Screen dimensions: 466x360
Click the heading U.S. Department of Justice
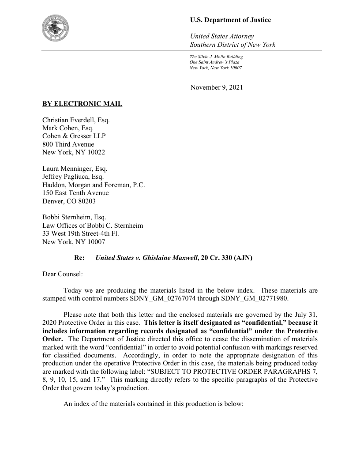pyautogui.click(x=230, y=20)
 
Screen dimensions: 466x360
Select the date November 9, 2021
pyautogui.click(x=217, y=87)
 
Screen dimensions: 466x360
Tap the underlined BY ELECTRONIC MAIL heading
pyautogui.click(x=82, y=104)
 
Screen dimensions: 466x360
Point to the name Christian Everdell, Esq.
pyautogui.click(x=76, y=120)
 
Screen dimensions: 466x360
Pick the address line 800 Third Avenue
pyautogui.click(x=68, y=144)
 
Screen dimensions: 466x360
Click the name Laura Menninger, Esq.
pyautogui.click(x=75, y=169)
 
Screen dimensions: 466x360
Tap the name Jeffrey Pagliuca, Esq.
pyautogui.click(x=73, y=177)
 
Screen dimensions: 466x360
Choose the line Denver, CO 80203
pyautogui.click(x=69, y=201)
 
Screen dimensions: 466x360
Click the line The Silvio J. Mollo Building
pyautogui.click(x=216, y=57)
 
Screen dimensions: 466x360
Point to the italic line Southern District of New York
pyautogui.click(x=232, y=45)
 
